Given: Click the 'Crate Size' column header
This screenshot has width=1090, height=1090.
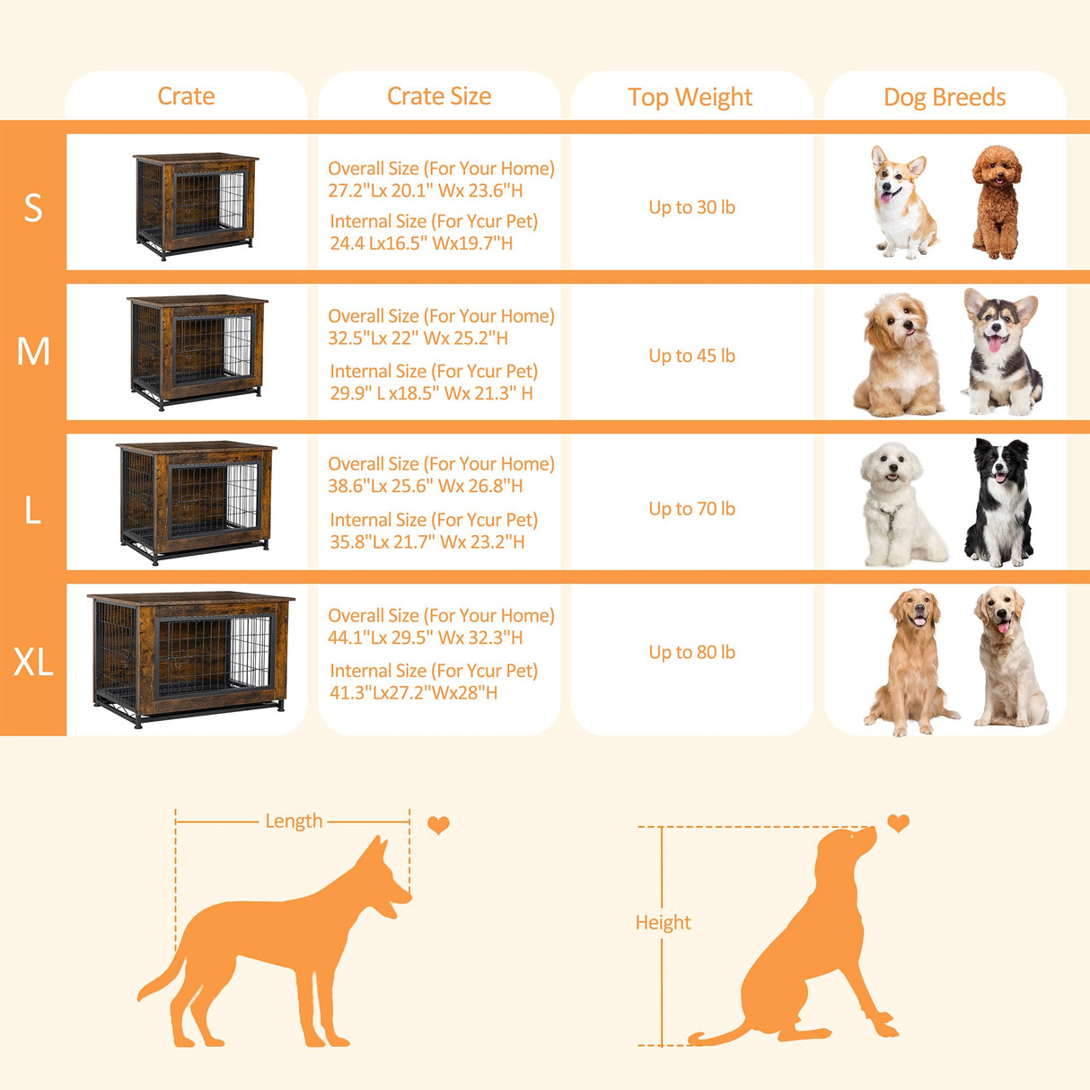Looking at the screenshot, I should tap(439, 96).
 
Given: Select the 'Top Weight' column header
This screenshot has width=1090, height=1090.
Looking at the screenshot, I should tap(690, 97).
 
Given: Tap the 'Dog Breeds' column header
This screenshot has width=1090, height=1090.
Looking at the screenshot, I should tap(945, 97).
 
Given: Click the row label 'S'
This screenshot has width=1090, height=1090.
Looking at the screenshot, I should tap(33, 208).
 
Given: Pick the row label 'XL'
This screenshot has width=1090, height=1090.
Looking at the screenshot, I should tap(33, 663).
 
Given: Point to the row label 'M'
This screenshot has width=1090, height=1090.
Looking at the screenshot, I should tap(33, 351).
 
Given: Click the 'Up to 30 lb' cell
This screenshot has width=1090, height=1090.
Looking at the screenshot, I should tap(691, 207).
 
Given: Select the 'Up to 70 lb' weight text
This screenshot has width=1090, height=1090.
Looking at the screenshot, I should tap(691, 509).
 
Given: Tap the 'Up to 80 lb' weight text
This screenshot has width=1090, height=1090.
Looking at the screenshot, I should tap(691, 653).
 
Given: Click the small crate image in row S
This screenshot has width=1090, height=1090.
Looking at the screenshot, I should tap(196, 205).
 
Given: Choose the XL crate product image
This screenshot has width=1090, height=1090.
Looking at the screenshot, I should tap(190, 657).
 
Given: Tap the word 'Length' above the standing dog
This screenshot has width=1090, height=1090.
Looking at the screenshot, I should tap(294, 821).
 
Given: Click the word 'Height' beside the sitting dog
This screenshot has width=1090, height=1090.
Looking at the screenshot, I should tap(663, 923).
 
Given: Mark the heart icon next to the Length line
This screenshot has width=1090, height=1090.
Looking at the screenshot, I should tap(438, 824).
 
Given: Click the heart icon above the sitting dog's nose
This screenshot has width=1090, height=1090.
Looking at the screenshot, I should tap(898, 822).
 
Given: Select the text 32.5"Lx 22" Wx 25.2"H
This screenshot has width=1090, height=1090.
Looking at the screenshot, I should tap(418, 338).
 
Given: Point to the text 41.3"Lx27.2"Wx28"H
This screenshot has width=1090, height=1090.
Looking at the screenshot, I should tap(413, 693).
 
